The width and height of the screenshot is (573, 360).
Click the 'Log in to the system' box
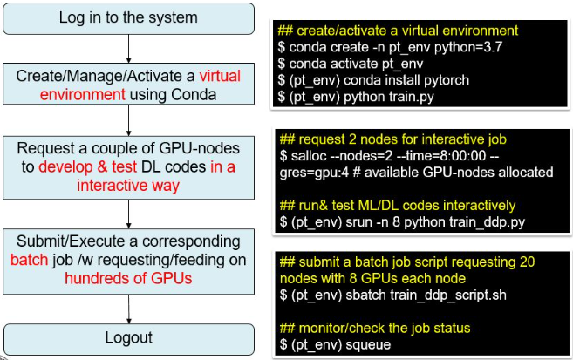point(129,17)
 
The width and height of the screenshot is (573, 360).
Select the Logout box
point(129,336)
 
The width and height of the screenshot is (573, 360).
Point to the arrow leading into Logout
point(129,308)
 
